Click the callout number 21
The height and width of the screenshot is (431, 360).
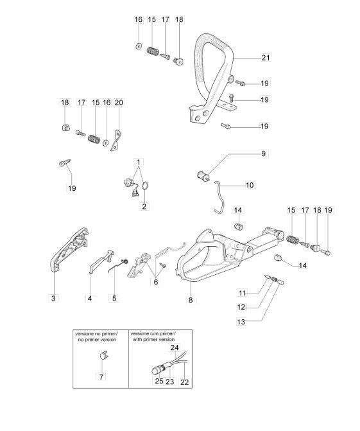(x=266, y=58)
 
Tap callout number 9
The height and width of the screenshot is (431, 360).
(x=263, y=154)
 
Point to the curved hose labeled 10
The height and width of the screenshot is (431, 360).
(x=219, y=197)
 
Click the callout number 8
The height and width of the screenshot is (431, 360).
(x=191, y=299)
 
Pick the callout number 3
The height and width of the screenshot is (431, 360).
(x=53, y=298)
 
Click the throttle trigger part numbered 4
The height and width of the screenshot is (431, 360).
(x=101, y=262)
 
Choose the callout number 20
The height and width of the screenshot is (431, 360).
(x=119, y=103)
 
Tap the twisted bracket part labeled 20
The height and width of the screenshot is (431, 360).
(x=117, y=140)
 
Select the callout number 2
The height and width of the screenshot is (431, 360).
(x=144, y=206)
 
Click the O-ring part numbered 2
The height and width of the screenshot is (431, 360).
(x=145, y=185)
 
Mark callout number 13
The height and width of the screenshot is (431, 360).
(x=241, y=322)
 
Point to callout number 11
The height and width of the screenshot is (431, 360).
(x=242, y=293)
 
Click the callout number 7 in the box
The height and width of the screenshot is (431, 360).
(x=101, y=376)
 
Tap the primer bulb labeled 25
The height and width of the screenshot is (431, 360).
(x=156, y=371)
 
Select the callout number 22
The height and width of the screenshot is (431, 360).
(x=185, y=382)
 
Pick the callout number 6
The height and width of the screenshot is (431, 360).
(x=156, y=282)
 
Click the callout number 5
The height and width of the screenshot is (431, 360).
(x=114, y=298)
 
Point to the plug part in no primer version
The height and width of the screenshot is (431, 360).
(x=103, y=355)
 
